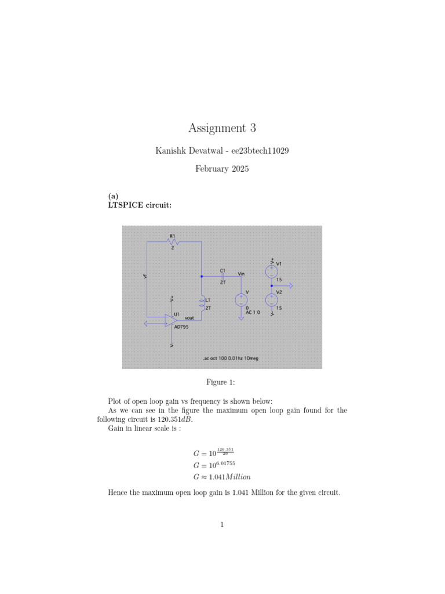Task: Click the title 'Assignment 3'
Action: point(222,128)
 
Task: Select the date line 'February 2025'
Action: point(222,170)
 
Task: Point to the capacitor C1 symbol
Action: point(222,277)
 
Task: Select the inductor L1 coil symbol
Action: point(202,302)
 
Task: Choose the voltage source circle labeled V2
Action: point(271,300)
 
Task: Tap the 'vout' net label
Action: point(189,318)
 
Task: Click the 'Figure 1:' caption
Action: point(222,382)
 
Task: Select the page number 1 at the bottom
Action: point(222,526)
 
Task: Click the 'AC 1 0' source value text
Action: point(253,312)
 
